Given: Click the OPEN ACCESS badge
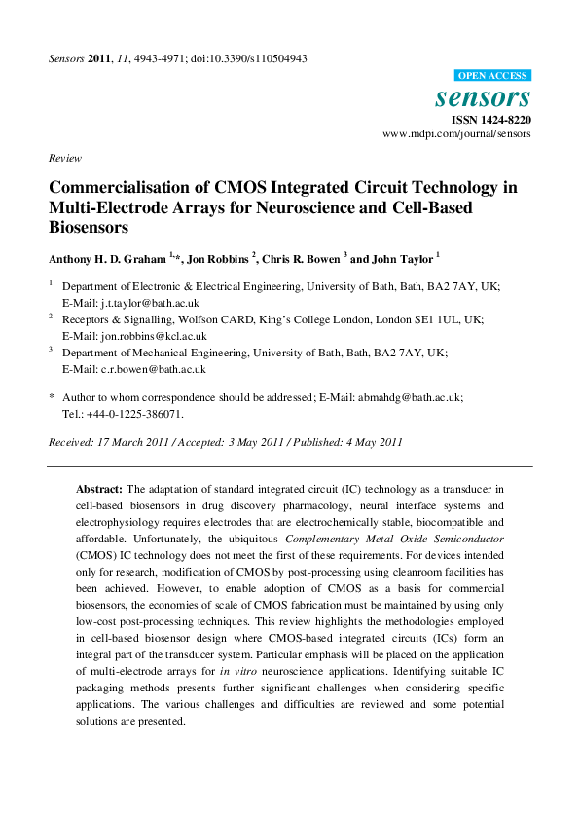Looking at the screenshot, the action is pyautogui.click(x=492, y=76).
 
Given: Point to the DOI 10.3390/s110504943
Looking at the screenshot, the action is pyautogui.click(x=259, y=58).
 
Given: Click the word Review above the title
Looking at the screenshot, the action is pyautogui.click(x=64, y=158).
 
